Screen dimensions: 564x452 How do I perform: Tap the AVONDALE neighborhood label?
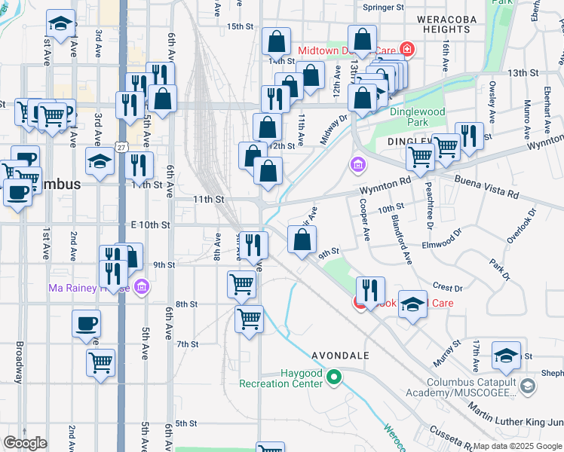click(340, 355)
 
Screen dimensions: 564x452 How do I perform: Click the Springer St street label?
click(384, 7)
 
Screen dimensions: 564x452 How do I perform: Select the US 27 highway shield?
click(121, 143)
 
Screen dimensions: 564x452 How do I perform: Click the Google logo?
click(25, 443)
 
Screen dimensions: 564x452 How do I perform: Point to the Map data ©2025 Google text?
click(517, 446)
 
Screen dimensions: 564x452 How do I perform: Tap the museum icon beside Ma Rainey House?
click(141, 286)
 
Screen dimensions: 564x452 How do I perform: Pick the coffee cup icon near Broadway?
click(86, 324)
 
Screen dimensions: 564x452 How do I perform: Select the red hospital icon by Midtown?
click(407, 50)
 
